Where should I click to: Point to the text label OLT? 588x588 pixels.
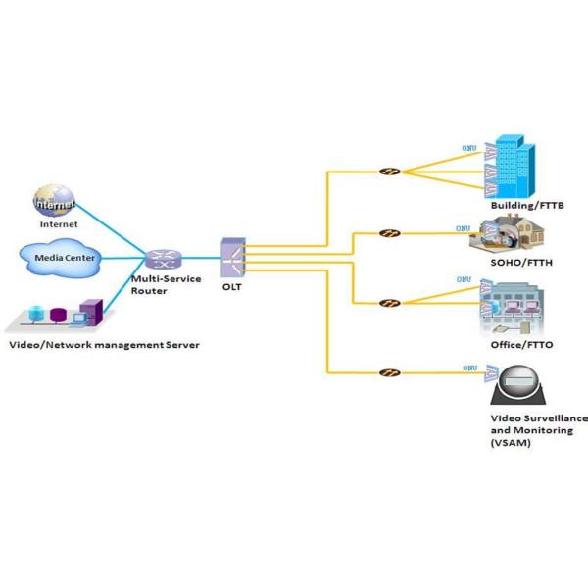[231, 287]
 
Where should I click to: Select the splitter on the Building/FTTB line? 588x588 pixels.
[389, 172]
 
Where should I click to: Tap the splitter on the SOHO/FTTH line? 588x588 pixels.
[389, 234]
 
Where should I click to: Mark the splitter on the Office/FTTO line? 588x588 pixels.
[389, 303]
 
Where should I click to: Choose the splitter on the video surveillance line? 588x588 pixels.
[389, 372]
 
